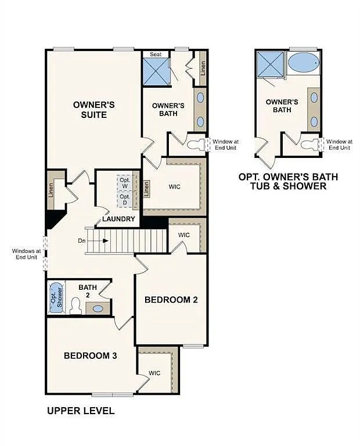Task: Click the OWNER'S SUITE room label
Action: coord(93,110)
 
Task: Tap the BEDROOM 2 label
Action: coord(171,300)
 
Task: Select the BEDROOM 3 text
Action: coord(91,355)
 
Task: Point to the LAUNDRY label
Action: coord(118,219)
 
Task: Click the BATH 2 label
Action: coord(88,290)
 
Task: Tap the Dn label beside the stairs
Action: coord(81,240)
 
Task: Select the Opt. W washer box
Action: coord(125,182)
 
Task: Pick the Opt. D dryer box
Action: coord(125,199)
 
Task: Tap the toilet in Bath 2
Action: coord(75,306)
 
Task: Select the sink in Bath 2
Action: coord(99,308)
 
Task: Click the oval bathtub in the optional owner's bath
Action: coord(303,62)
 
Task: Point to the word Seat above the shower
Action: coord(156,54)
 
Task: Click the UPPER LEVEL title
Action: coord(80,411)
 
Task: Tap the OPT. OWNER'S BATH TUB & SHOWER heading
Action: coord(288,181)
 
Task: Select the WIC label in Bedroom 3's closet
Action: coord(154,373)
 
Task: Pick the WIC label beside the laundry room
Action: coord(175,188)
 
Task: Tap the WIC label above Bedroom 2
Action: coord(184,235)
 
